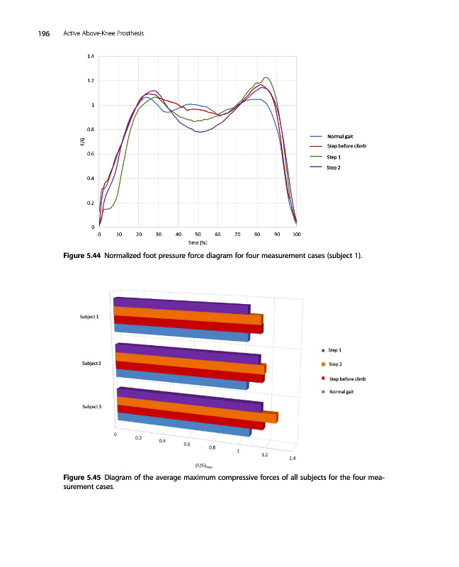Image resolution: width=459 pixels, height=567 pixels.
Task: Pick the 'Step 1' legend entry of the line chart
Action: point(334,157)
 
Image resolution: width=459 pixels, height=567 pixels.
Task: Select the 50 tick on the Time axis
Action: point(198,233)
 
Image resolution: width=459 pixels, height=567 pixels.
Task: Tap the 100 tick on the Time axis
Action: point(296,233)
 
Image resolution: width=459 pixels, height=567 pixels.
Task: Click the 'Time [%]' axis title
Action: point(198,242)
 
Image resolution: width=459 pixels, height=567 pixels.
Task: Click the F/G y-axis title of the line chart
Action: point(82,142)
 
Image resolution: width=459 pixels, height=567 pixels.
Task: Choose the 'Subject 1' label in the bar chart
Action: point(89,316)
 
